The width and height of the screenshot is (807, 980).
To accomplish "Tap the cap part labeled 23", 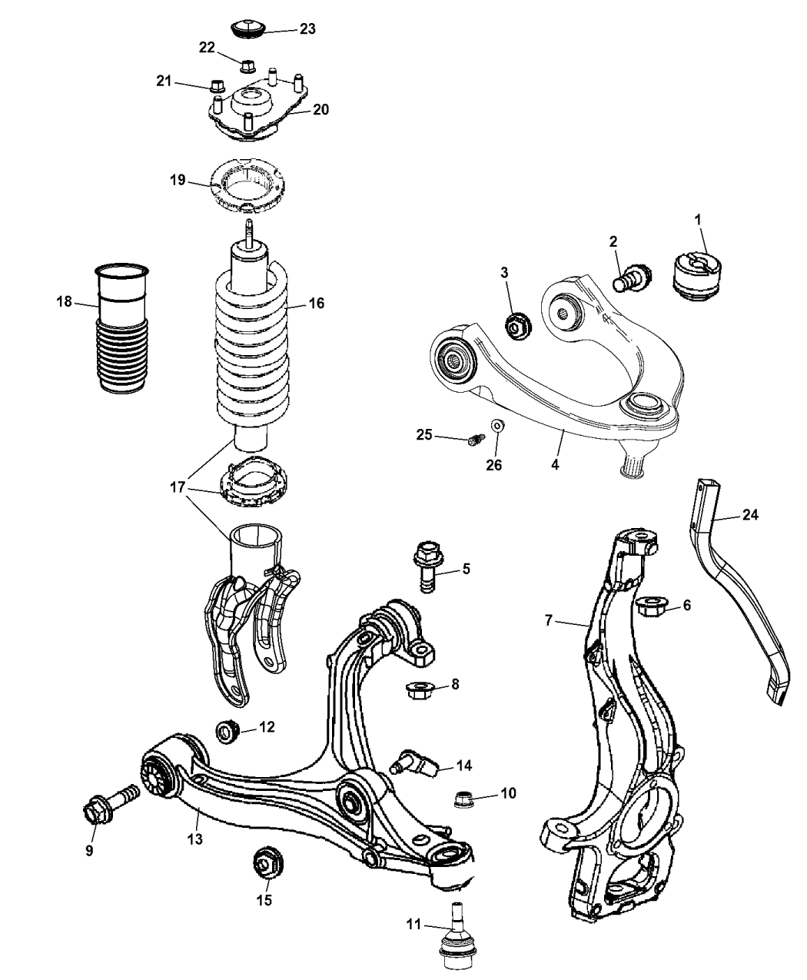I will click(x=248, y=29).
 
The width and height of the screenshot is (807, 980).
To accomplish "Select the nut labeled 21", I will click(x=216, y=84).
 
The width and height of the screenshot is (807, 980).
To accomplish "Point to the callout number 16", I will click(x=317, y=304).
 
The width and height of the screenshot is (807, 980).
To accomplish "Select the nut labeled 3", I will click(x=516, y=326).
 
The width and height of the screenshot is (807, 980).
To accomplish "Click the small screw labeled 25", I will click(x=475, y=440).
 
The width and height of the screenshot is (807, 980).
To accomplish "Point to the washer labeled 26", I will click(x=497, y=425).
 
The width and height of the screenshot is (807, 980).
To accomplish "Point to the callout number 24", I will click(x=750, y=515).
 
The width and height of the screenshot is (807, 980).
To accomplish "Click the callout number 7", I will click(x=549, y=620).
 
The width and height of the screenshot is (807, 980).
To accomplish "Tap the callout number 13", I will click(x=194, y=839).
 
